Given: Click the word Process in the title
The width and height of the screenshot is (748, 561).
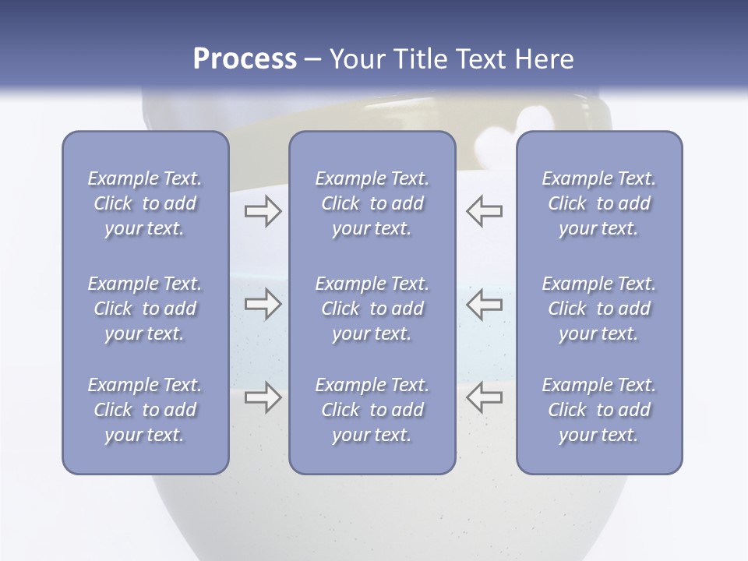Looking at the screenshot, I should [245, 59].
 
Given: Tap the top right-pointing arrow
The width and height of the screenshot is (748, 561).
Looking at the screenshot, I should [263, 210].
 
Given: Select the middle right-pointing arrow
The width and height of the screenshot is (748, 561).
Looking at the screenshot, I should [263, 304].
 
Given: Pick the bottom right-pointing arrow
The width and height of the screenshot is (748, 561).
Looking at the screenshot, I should [263, 397].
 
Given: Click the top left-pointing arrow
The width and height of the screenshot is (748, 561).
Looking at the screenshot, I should [484, 210].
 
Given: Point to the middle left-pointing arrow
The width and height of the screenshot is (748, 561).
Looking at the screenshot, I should [484, 304].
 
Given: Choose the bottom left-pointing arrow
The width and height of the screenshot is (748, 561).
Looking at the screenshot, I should [484, 397].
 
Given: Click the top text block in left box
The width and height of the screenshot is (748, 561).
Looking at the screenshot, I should [145, 203].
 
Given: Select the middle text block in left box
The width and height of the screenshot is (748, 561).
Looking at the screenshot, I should [145, 309].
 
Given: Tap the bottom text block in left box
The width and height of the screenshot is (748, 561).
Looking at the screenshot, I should [145, 410].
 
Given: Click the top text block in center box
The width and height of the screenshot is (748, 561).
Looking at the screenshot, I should [372, 203].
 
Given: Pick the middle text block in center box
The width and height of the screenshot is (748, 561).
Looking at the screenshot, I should [372, 309].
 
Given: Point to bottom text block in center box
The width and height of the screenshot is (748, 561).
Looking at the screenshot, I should [372, 410].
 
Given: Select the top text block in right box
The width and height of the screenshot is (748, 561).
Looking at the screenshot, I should [599, 203].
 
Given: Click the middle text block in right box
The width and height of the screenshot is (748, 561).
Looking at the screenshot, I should [599, 309].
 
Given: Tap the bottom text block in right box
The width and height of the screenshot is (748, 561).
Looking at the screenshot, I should [599, 410].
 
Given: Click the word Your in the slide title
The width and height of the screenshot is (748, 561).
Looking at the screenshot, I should [358, 59].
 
